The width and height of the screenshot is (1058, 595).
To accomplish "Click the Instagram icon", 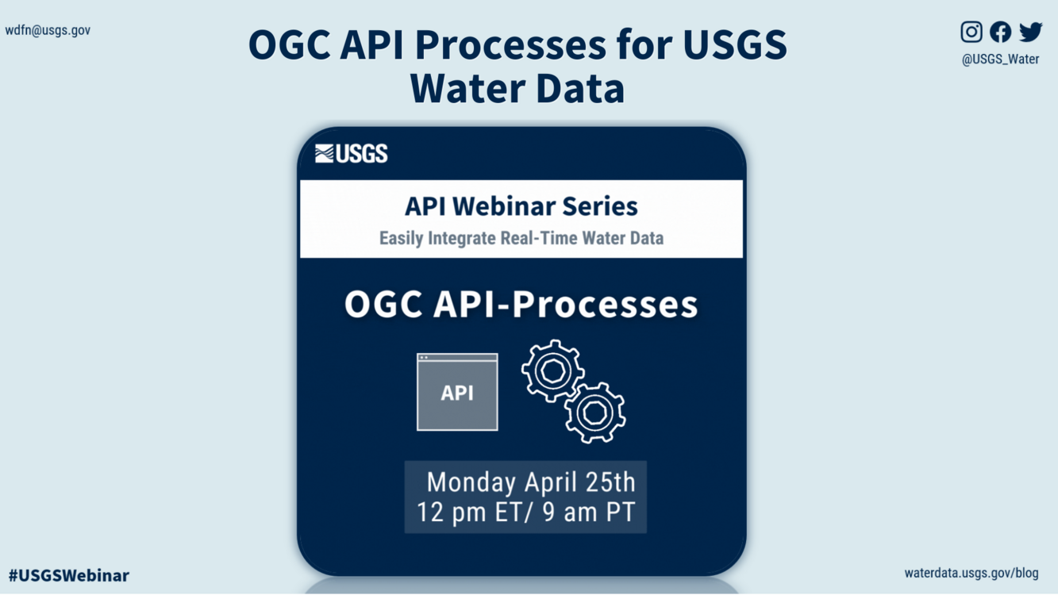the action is (x=971, y=32).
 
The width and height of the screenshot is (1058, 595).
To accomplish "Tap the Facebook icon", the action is (x=1000, y=32).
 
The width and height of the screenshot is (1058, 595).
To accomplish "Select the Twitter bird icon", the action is (x=1030, y=32).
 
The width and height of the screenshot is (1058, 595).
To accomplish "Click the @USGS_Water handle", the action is (x=1000, y=59).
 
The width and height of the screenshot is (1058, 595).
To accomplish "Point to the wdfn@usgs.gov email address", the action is (x=48, y=30).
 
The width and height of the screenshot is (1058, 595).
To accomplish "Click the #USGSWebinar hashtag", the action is (x=69, y=575).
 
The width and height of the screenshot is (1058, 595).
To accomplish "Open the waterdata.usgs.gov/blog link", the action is (x=971, y=573).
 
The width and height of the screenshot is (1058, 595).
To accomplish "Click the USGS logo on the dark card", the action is (x=352, y=153).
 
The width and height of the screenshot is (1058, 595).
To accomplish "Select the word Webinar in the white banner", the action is (x=503, y=206).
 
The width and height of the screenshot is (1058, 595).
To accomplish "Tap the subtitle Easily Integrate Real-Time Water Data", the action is (x=521, y=238).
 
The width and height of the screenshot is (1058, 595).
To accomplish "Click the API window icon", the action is (x=457, y=392).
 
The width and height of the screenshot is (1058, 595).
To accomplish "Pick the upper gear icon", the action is (x=553, y=370).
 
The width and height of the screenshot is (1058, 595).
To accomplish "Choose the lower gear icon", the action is (x=595, y=413).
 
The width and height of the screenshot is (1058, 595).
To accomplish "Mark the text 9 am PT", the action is (x=589, y=512).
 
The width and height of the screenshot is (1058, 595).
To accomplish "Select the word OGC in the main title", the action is (x=289, y=45).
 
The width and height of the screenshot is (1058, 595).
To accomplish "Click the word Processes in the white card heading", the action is (x=605, y=304).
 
